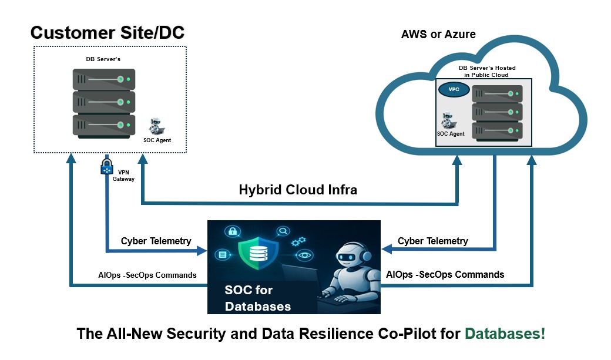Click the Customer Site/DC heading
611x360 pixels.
(x=108, y=33)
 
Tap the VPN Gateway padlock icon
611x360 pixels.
(x=106, y=166)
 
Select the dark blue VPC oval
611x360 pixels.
(x=454, y=89)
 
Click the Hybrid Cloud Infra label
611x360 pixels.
(x=298, y=190)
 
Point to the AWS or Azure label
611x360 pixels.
(x=438, y=34)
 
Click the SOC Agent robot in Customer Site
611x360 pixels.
(x=156, y=126)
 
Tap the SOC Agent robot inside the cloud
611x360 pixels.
(x=448, y=120)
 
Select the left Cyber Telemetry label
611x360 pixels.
(x=156, y=241)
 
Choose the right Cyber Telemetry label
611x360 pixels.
(x=432, y=241)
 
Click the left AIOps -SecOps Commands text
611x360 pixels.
(x=147, y=275)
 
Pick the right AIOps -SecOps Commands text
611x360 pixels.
(x=445, y=275)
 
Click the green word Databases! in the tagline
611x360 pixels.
(x=505, y=334)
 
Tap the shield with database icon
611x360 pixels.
(x=258, y=254)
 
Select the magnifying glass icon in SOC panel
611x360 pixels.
(x=283, y=231)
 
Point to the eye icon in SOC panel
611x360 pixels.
(x=304, y=255)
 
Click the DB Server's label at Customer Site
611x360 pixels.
(x=103, y=59)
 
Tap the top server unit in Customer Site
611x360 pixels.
(x=104, y=79)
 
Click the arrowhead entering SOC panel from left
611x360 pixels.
(x=202, y=251)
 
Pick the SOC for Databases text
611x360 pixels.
(x=257, y=298)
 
